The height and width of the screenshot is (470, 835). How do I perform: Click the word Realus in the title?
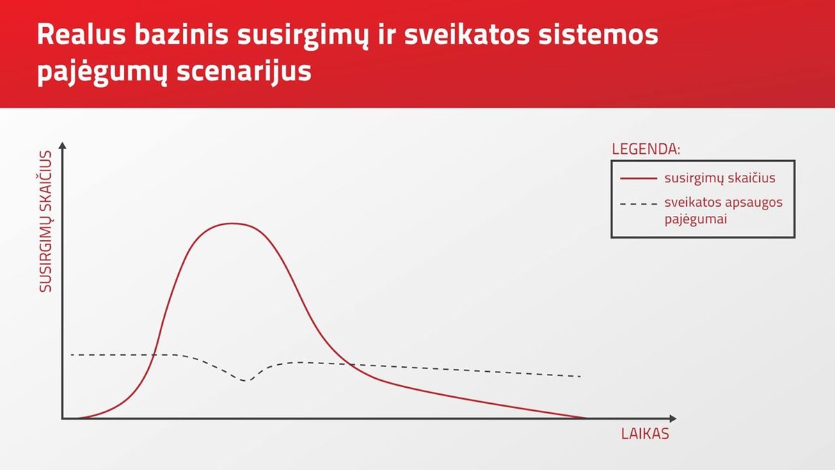pyautogui.click(x=81, y=35)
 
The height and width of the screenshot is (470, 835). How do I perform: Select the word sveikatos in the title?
pyautogui.click(x=467, y=35)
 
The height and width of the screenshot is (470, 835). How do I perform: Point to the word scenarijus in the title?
pyautogui.click(x=244, y=71)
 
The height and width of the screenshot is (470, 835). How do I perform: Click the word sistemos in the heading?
pyautogui.click(x=598, y=35)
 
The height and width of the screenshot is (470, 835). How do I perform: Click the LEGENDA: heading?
pyautogui.click(x=646, y=149)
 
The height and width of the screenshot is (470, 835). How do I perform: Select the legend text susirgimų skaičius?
pyautogui.click(x=719, y=178)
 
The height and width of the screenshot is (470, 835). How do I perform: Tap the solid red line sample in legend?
pyautogui.click(x=638, y=179)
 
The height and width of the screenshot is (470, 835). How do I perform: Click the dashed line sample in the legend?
pyautogui.click(x=638, y=204)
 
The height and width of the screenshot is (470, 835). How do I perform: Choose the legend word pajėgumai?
pyautogui.click(x=696, y=219)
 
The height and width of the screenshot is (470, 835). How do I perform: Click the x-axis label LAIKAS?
pyautogui.click(x=645, y=434)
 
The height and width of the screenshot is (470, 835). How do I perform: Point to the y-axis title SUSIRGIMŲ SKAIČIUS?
pyautogui.click(x=45, y=221)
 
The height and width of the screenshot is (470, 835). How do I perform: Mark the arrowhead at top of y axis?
pyautogui.click(x=63, y=145)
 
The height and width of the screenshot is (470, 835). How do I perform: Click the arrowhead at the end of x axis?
pyautogui.click(x=673, y=418)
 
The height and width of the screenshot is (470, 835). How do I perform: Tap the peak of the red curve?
pyautogui.click(x=232, y=224)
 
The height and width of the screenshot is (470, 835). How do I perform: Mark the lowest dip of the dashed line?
pyautogui.click(x=245, y=381)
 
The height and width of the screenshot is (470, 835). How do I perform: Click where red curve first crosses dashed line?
pyautogui.click(x=154, y=354)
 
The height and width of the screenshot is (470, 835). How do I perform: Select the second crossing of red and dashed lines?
pyautogui.click(x=349, y=364)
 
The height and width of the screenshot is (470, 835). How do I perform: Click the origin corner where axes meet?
pyautogui.click(x=63, y=418)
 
